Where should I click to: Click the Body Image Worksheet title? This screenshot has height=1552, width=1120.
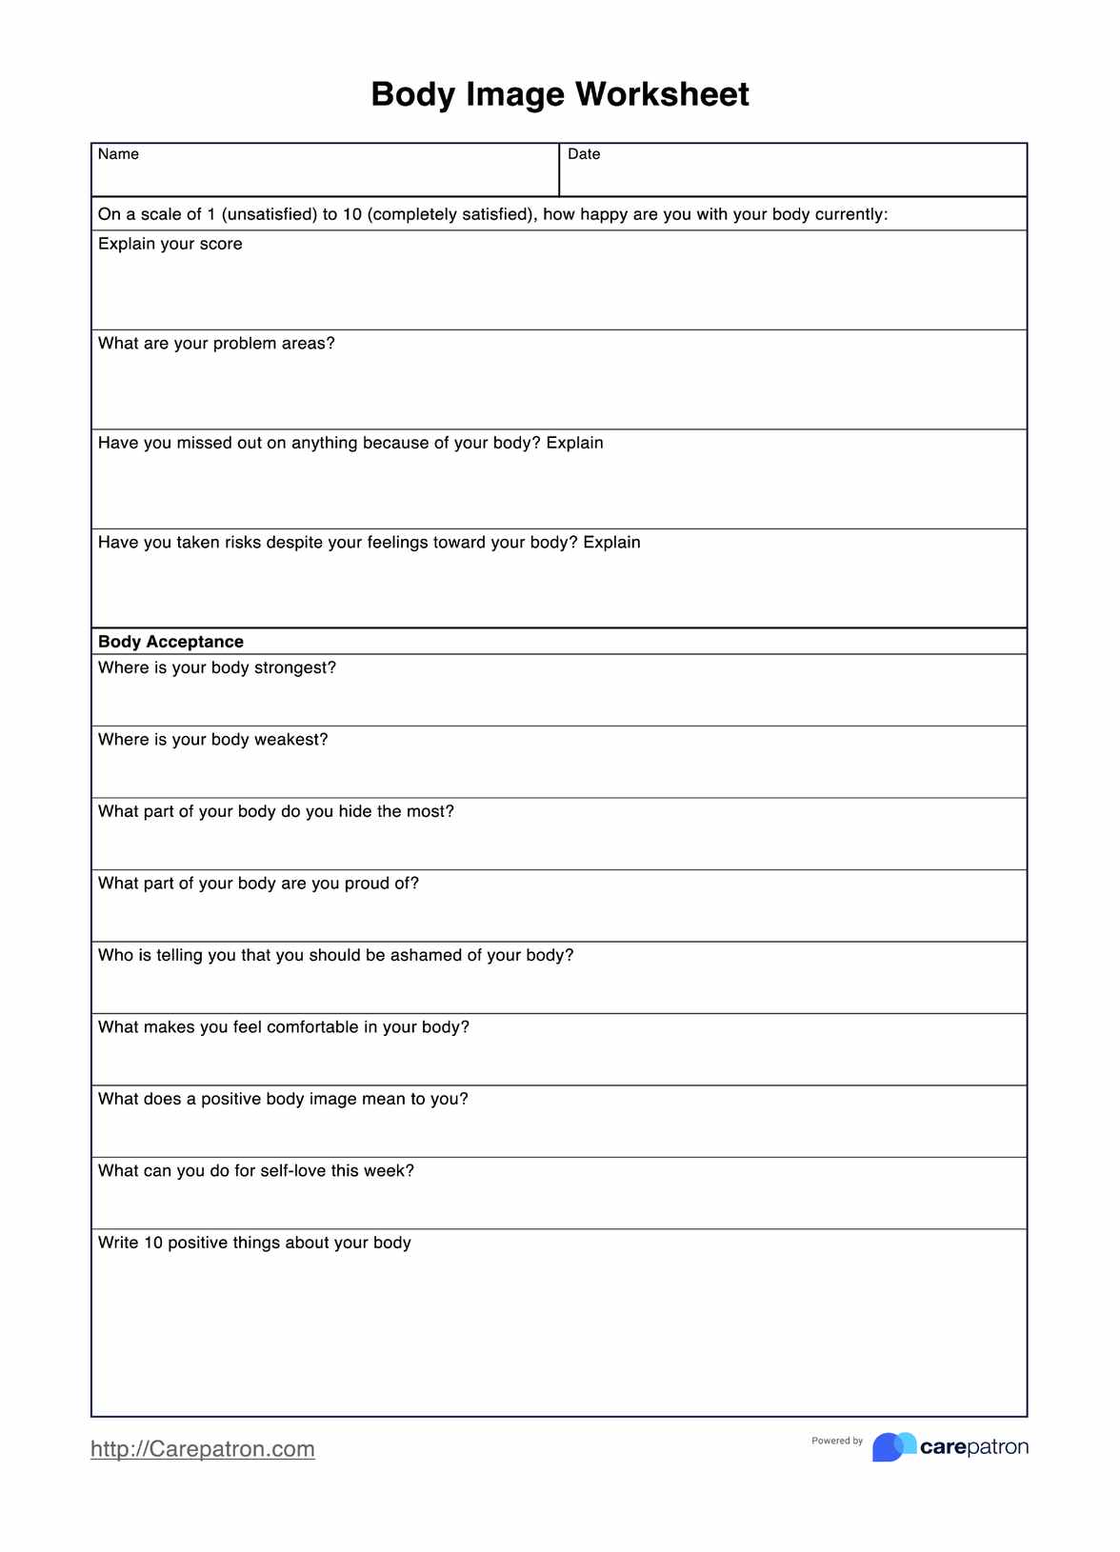[x=560, y=94]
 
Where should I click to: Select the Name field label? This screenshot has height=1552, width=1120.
[x=118, y=154]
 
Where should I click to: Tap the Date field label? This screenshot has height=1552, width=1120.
[x=584, y=154]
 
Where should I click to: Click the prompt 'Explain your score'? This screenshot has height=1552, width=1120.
[x=170, y=244]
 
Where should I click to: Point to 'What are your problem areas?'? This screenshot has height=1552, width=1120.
[x=216, y=344]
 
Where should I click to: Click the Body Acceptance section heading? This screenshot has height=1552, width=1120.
[x=170, y=642]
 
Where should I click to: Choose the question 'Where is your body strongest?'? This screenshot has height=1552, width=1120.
[x=217, y=668]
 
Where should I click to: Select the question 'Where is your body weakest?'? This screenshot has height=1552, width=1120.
[x=213, y=740]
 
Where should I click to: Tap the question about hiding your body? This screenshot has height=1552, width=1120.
[x=276, y=812]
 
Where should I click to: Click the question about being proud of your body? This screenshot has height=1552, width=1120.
[x=258, y=884]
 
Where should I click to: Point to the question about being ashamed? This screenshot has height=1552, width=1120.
[x=336, y=956]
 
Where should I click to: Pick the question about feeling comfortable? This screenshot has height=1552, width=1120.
[x=284, y=1027]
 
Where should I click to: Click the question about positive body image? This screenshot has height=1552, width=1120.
[x=283, y=1100]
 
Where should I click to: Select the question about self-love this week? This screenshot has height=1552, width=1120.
[x=256, y=1171]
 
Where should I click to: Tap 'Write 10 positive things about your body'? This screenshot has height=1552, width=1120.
[x=254, y=1244]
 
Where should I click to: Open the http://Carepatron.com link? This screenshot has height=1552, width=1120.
[x=203, y=1449]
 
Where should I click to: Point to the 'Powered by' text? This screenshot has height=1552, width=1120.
[x=837, y=1441]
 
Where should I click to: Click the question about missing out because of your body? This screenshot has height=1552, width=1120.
[x=350, y=444]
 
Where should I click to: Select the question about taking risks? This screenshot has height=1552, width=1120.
[x=370, y=543]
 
